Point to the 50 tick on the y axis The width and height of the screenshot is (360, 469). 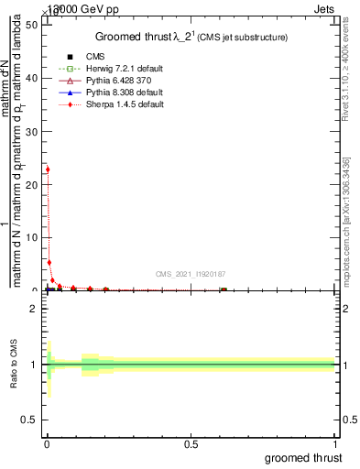tap(33, 25)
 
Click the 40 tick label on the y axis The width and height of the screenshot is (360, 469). tap(33, 78)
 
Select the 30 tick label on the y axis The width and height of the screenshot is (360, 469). tap(33, 131)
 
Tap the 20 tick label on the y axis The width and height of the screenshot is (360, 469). tap(33, 184)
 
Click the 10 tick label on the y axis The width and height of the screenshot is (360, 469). tap(33, 237)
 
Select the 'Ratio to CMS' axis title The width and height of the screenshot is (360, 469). tap(15, 365)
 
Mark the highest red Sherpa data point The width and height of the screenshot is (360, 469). tap(48, 169)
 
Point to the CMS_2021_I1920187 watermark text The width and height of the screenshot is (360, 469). tap(191, 274)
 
